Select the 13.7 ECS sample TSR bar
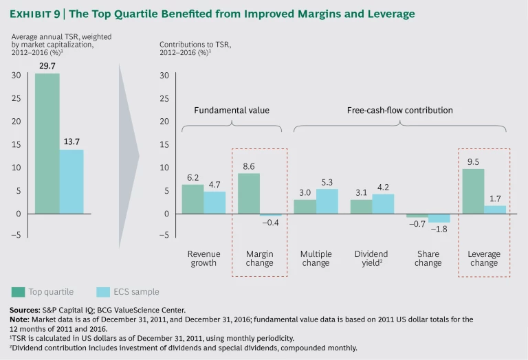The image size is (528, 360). tap(71, 181)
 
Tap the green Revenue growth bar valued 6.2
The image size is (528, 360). tap(193, 199)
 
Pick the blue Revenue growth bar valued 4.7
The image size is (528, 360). tap(215, 203)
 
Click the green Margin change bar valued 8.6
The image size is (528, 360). tap(249, 193)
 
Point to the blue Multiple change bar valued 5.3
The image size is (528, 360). tap(327, 201)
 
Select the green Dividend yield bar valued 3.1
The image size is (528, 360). tap(361, 206)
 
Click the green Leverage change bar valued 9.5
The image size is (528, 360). tap(473, 191)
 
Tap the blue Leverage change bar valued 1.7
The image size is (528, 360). tap(495, 210)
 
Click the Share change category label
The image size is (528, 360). tap(428, 258)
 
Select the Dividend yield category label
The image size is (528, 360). tap(372, 258)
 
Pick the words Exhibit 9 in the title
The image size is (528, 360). tap(32, 14)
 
